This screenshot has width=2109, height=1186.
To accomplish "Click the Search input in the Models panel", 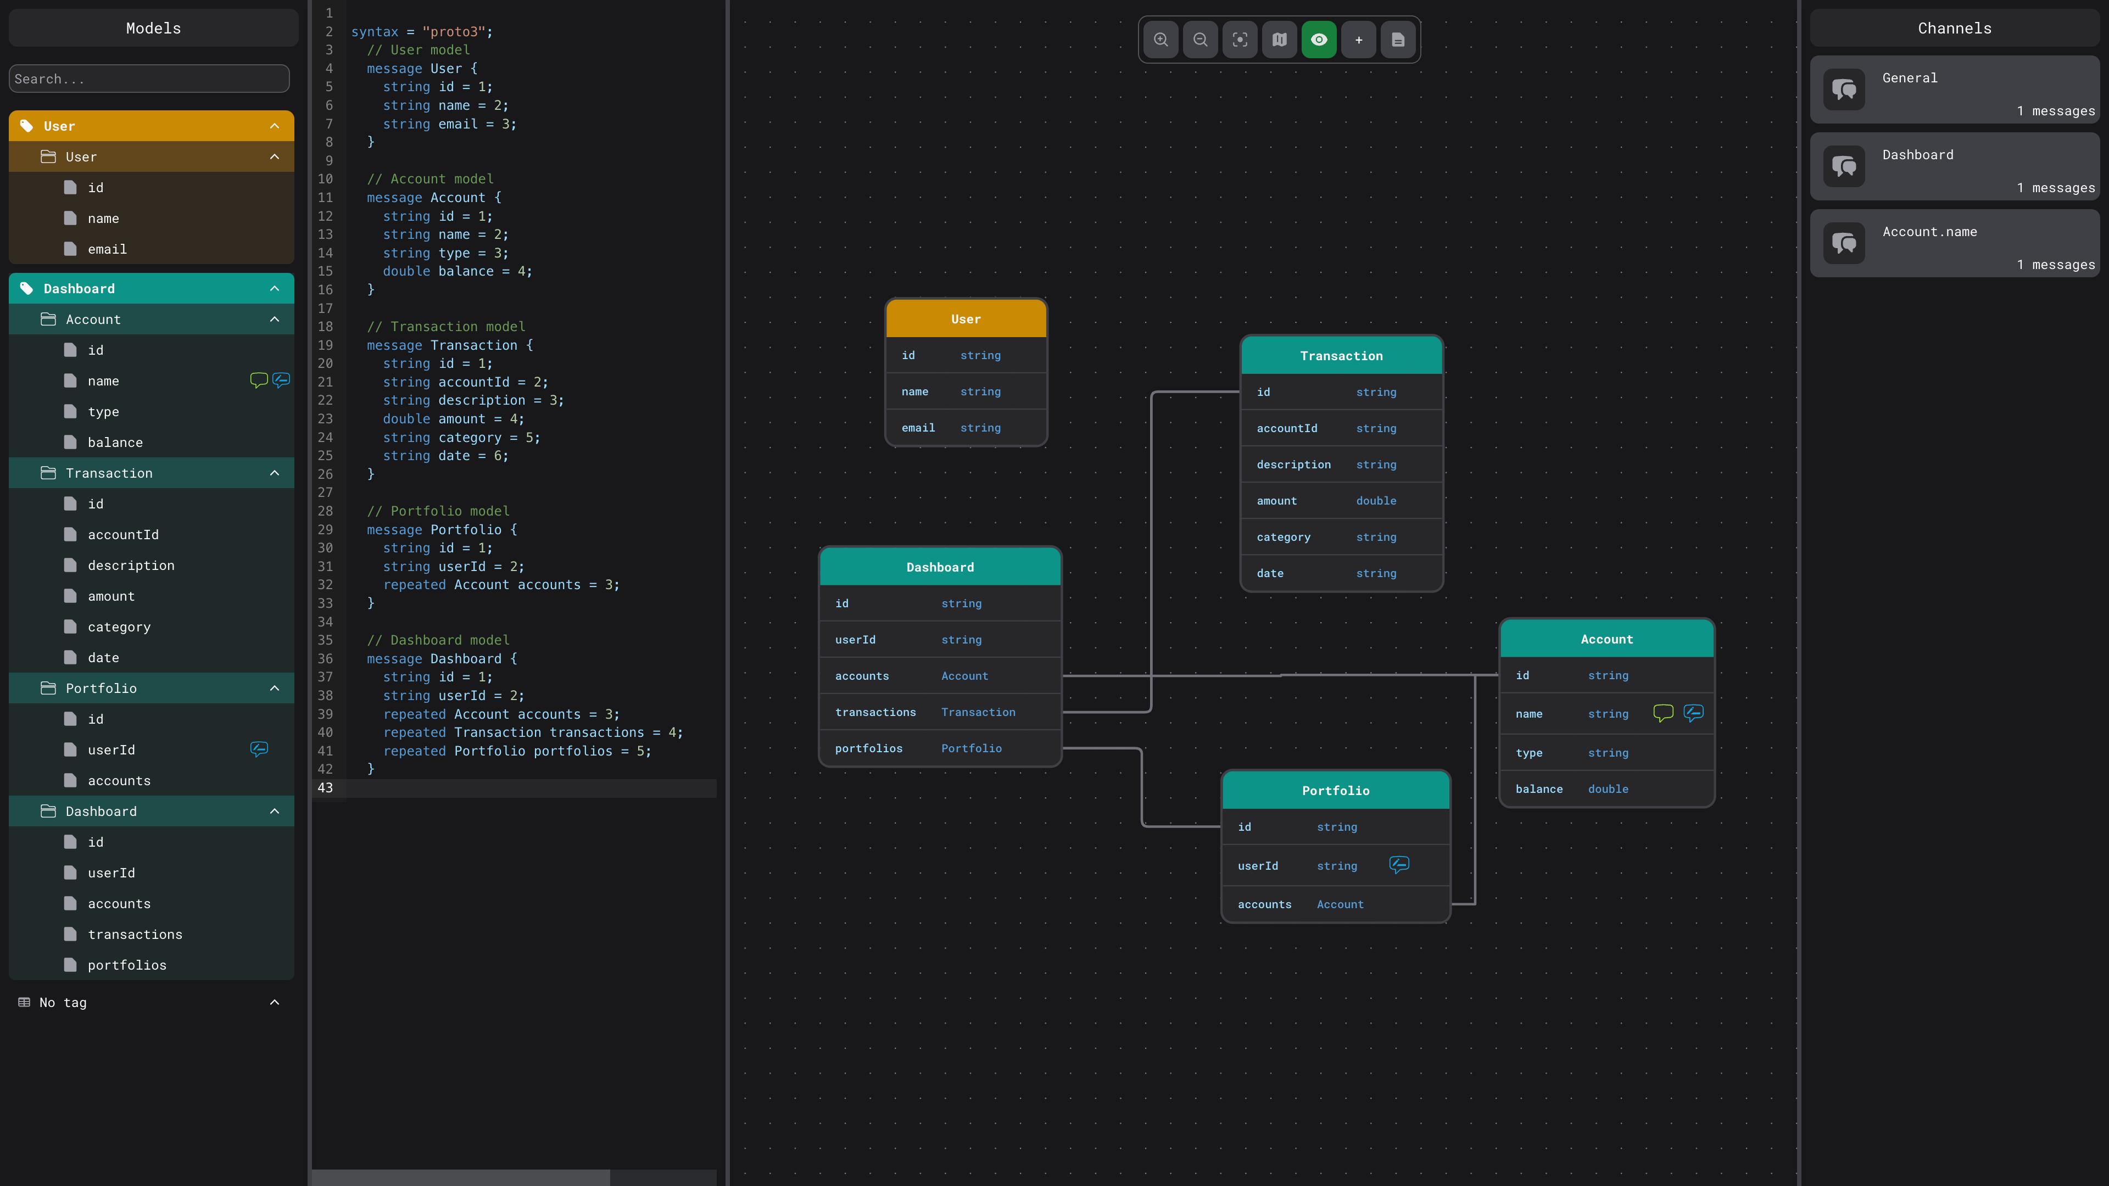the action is pos(149,79).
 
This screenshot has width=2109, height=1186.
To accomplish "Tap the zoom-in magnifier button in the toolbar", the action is pos(1161,40).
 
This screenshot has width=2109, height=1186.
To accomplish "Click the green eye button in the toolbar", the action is pos(1319,40).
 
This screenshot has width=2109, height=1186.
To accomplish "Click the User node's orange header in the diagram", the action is pos(966,319).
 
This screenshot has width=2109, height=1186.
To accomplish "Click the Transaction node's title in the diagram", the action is pos(1341,356).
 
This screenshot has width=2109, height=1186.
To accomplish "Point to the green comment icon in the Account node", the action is pos(1663,713).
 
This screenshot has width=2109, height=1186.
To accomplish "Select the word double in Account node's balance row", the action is pos(1608,789).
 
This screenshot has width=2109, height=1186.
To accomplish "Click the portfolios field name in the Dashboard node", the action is pos(869,748).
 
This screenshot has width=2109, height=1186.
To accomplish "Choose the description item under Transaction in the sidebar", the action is pos(131,566).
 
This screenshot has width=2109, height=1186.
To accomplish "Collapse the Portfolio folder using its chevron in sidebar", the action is pos(274,689).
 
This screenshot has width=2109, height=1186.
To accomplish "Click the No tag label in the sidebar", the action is pos(63,1003).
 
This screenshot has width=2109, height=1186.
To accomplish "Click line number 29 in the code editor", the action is pos(325,529).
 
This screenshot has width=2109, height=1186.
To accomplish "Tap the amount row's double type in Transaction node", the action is pos(1376,501).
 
